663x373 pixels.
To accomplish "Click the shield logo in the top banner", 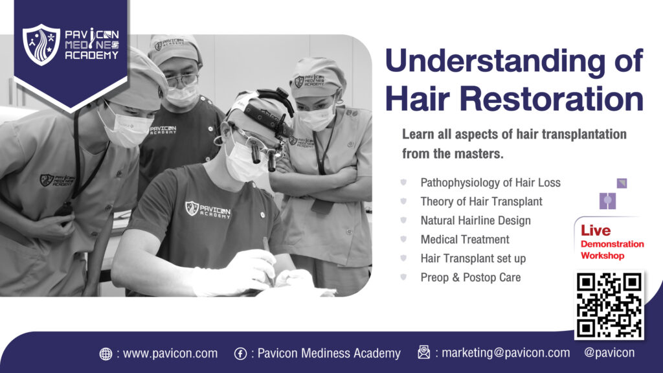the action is coord(41,45).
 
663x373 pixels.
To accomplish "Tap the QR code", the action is coord(609,305).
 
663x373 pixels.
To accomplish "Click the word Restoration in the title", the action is coord(552,98).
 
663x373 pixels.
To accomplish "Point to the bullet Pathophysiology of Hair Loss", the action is coord(490,183).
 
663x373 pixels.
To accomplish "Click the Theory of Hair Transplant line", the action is coord(481,202).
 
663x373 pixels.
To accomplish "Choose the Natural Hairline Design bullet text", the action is coord(475,221).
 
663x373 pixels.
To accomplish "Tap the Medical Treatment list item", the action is coord(465,240).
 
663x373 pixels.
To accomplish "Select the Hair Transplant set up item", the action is coord(473,258).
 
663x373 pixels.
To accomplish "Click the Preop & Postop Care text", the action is coord(471,277).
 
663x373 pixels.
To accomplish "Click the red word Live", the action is coord(596,231).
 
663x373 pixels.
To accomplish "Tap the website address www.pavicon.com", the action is coord(170,353).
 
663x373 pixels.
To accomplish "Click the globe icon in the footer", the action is coord(106,354).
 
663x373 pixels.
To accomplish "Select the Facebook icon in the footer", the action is coord(241,354).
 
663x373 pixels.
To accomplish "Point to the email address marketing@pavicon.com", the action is coord(506,353).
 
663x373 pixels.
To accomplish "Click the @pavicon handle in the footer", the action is coord(609,353).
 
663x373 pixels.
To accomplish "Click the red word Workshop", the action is coord(602,255).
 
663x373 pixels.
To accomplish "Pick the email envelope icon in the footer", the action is coord(423,352).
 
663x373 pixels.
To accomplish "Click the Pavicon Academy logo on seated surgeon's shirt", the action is coord(208,209).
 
